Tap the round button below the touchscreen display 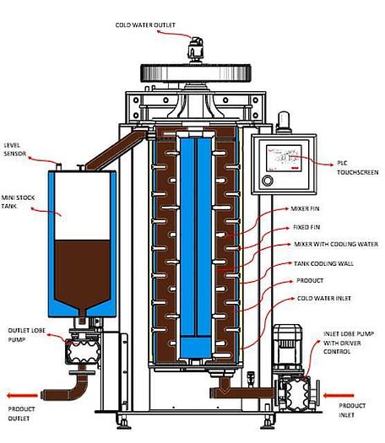click(268, 181)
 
